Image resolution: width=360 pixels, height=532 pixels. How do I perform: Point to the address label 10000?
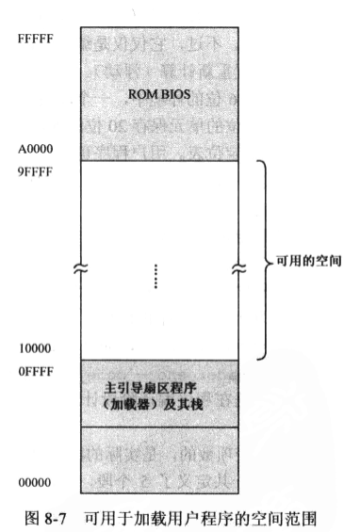[x=35, y=348]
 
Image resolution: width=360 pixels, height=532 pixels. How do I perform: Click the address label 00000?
[x=35, y=483]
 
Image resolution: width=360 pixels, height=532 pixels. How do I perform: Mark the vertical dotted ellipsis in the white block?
[x=156, y=275]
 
